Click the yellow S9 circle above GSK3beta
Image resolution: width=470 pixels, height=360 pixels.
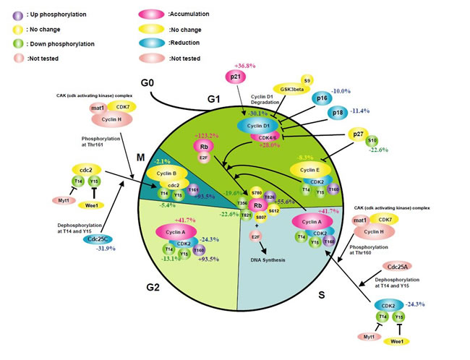(x=307, y=79)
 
